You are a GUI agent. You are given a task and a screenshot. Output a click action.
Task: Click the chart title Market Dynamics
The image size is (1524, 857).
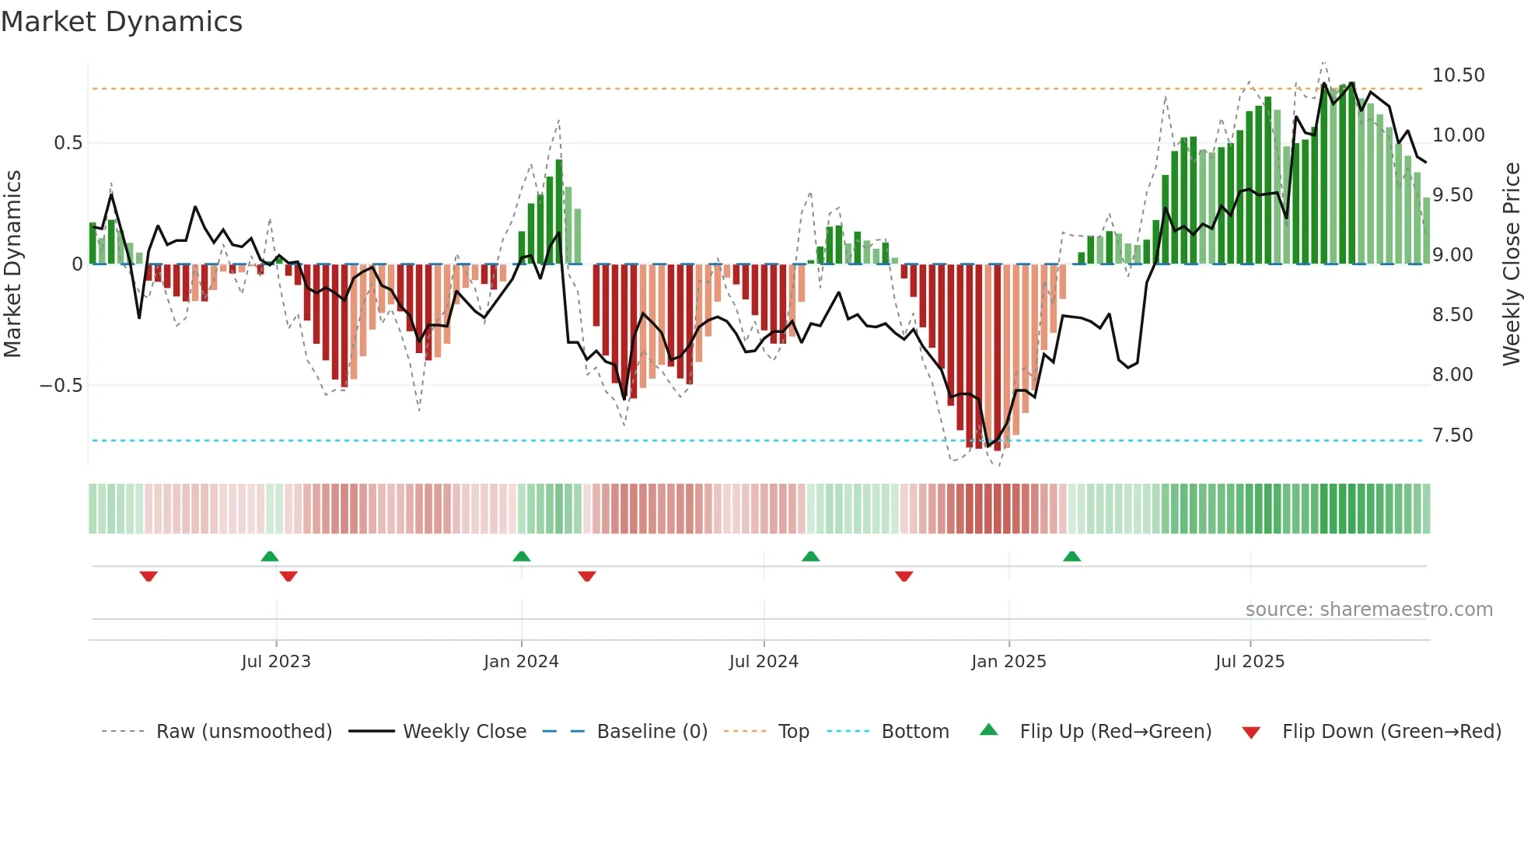(x=121, y=22)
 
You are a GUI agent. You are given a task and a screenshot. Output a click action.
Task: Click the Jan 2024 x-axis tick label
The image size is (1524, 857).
(x=521, y=662)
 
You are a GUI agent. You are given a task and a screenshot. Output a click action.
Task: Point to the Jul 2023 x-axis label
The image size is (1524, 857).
(x=276, y=662)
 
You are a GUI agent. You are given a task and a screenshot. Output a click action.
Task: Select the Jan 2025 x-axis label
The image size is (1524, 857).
(x=1008, y=662)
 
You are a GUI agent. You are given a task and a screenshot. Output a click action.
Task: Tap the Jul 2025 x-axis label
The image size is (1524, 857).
(x=1250, y=662)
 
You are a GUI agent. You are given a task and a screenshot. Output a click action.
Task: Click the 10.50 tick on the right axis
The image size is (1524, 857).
(x=1458, y=75)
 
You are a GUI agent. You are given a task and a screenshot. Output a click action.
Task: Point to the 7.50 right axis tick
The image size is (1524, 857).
(x=1452, y=435)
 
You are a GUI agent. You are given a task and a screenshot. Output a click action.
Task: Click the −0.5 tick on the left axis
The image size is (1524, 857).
(x=61, y=386)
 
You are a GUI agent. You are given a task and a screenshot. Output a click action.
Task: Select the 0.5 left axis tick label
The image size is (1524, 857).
(x=68, y=143)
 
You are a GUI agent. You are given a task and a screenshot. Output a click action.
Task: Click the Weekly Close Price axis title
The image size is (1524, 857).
(x=1511, y=264)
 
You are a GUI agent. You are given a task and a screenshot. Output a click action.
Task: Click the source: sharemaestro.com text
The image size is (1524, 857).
(x=1368, y=610)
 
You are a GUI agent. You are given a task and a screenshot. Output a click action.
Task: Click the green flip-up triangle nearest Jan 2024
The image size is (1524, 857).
(x=522, y=557)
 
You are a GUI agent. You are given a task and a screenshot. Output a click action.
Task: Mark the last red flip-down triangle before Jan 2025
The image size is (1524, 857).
(x=904, y=576)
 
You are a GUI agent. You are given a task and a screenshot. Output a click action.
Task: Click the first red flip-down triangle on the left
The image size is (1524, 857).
(x=149, y=576)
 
